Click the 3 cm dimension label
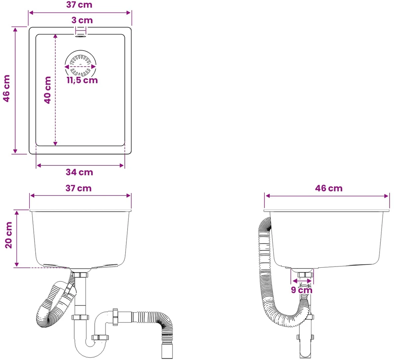82,20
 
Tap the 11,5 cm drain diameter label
82,80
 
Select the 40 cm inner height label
47,90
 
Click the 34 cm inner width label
79,172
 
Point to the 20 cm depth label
9,235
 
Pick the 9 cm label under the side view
302,290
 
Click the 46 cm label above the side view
329,188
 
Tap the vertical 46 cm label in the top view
6,88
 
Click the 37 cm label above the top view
79,4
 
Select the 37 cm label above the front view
78,188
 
